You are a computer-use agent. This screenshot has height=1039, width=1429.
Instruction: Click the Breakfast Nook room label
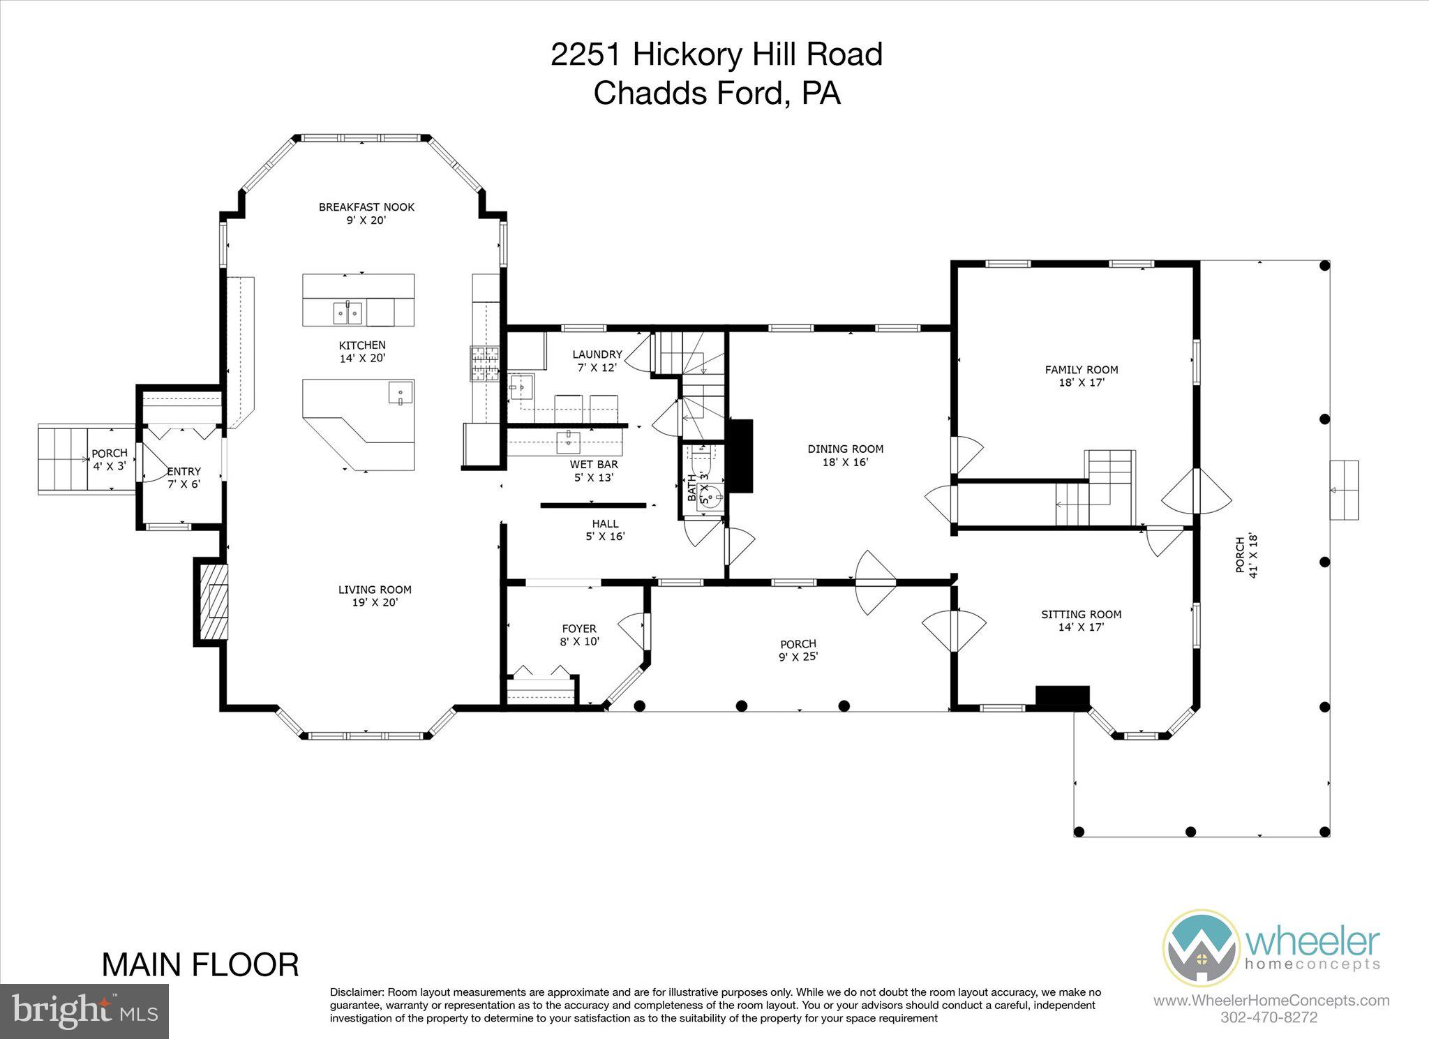click(366, 214)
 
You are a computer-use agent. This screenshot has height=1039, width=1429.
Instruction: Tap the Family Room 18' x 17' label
click(1081, 376)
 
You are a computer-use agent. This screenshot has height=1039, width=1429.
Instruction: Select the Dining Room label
click(845, 455)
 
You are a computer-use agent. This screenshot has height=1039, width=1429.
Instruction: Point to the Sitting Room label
click(1081, 620)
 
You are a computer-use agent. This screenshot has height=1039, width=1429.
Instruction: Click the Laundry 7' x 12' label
click(597, 361)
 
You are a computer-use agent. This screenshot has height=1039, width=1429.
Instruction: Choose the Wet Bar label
click(594, 470)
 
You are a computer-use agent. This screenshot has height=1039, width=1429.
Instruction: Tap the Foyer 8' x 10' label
click(579, 635)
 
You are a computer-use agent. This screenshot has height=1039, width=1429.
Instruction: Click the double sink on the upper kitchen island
click(347, 313)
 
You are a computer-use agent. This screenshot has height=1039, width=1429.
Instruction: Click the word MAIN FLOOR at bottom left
click(200, 964)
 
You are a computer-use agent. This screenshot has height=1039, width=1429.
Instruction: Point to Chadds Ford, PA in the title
click(717, 93)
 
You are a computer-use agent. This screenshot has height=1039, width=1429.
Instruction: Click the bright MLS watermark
click(84, 1011)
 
